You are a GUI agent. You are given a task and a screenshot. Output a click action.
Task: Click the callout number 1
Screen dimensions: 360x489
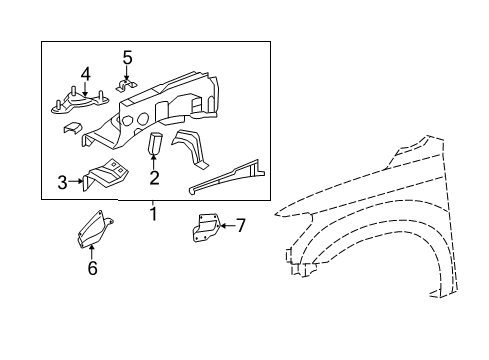click(x=153, y=214)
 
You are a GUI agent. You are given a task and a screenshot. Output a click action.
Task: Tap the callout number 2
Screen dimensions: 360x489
click(x=154, y=179)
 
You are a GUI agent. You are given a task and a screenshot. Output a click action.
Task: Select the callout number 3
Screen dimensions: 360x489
click(x=62, y=182)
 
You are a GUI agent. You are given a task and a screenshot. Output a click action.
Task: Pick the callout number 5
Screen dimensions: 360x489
click(x=127, y=56)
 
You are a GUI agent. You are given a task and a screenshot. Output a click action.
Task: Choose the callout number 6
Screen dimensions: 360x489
click(x=92, y=267)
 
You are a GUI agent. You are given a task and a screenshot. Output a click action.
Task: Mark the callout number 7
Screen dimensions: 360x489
click(x=240, y=225)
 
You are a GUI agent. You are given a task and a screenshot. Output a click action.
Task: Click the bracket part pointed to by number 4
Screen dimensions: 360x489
click(x=80, y=100)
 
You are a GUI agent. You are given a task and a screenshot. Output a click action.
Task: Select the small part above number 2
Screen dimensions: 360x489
click(x=156, y=145)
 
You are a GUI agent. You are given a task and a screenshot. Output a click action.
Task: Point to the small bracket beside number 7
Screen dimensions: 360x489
click(x=207, y=229)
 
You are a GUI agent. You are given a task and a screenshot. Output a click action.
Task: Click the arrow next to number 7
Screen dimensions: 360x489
click(x=226, y=225)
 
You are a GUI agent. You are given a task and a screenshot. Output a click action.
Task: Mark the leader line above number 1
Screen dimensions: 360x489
click(x=153, y=203)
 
